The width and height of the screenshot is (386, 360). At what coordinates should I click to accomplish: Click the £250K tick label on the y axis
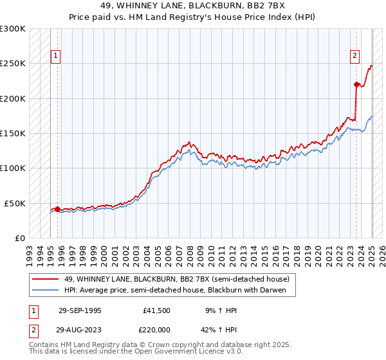[13, 64]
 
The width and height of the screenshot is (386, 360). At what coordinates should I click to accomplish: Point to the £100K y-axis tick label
[13, 168]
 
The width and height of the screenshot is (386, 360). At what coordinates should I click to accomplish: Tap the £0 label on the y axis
[20, 237]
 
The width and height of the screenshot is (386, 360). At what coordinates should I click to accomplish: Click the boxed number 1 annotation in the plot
[57, 56]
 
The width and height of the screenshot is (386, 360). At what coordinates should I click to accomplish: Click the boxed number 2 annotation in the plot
[354, 56]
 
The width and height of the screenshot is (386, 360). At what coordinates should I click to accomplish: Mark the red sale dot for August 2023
[356, 84]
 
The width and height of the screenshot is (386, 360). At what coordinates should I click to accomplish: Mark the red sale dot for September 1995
[58, 209]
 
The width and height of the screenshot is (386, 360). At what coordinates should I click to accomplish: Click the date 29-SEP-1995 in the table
[80, 310]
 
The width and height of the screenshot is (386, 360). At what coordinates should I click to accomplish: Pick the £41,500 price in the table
[158, 310]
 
